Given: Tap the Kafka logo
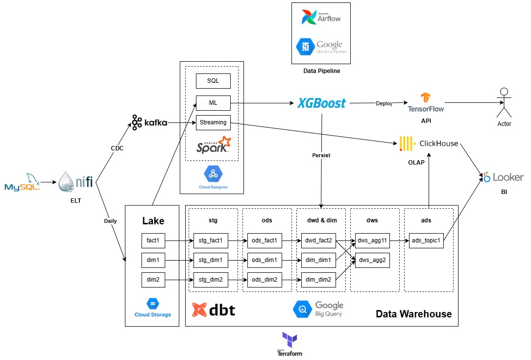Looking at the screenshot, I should click(149, 121).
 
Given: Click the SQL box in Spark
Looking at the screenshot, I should click(213, 81).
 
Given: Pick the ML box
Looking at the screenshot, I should click(213, 103).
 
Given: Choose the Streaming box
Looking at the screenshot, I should click(213, 122).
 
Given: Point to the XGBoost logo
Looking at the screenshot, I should click(322, 103).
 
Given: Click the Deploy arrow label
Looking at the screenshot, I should click(384, 103).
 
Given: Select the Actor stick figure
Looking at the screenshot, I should click(504, 103).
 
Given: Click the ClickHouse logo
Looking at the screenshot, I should click(429, 144).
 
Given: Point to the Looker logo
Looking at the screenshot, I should click(503, 177).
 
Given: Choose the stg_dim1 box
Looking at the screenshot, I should click(211, 260).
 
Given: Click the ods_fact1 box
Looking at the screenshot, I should click(265, 240).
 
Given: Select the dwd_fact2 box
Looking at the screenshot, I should click(318, 240).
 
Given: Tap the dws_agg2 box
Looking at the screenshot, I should click(373, 260).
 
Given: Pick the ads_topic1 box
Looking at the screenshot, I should click(426, 240).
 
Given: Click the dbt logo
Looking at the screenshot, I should click(214, 310).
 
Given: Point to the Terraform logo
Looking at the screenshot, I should click(290, 343).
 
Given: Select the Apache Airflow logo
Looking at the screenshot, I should click(321, 18).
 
